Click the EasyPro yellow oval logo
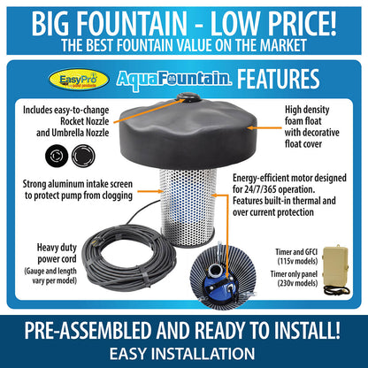pyautogui.click(x=79, y=80)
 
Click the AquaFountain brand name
pyautogui.click(x=173, y=80)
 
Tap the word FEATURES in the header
pyautogui.click(x=278, y=79)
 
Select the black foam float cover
pyautogui.click(x=188, y=133)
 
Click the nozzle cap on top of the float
pyautogui.click(x=188, y=97)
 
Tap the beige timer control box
pyautogui.click(x=335, y=267)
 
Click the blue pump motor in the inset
pyautogui.click(x=219, y=280)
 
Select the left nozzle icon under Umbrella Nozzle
pyautogui.click(x=57, y=156)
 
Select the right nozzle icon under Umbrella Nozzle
pyautogui.click(x=83, y=156)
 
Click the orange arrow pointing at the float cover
pyautogui.click(x=264, y=128)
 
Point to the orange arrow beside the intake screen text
pyautogui.click(x=150, y=191)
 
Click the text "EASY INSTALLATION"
pyautogui.click(x=182, y=354)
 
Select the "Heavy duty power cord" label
pyautogui.click(x=57, y=253)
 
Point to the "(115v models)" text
pyautogui.click(x=297, y=261)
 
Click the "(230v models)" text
pyautogui.click(x=297, y=283)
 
